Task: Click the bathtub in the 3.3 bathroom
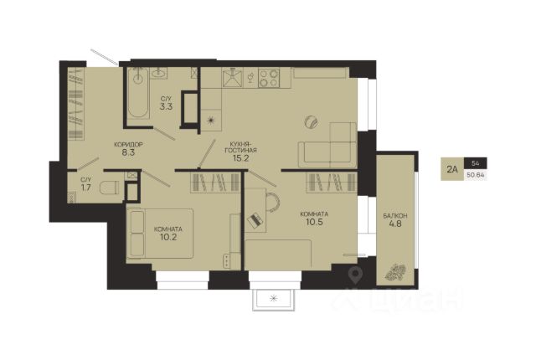[x=138, y=93]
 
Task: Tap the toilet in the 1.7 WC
[x=110, y=188]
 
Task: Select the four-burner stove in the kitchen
[x=269, y=78]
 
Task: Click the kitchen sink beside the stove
[x=233, y=77]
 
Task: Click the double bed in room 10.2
[x=160, y=234]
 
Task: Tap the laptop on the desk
[x=255, y=220]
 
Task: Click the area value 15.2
[x=240, y=157]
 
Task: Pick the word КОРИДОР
[x=128, y=145]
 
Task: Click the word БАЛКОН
[x=395, y=216]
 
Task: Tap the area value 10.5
[x=314, y=222]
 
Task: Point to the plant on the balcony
[x=394, y=272]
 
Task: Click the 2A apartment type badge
[x=452, y=169]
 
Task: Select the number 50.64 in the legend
[x=476, y=176]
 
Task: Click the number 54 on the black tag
[x=475, y=163]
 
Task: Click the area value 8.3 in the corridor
[x=128, y=152]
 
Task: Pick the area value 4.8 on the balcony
[x=395, y=224]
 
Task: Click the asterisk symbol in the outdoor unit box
[x=274, y=299]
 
